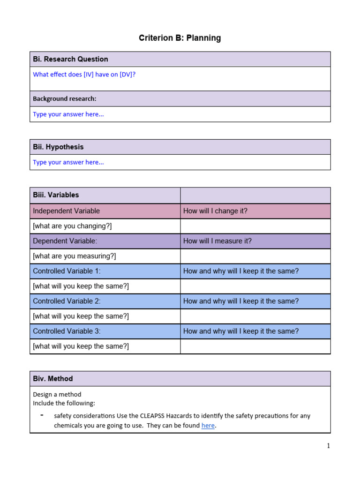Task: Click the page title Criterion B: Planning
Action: point(180,38)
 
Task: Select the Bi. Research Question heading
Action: point(70,59)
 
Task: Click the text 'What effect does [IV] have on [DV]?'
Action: point(84,75)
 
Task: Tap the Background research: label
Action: point(64,99)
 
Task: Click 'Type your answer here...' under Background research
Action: point(68,114)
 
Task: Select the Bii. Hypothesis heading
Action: point(58,147)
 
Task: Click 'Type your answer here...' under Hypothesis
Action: point(68,163)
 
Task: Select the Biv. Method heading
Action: point(52,379)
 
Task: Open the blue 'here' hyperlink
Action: point(208,426)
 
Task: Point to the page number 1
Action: point(328,446)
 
